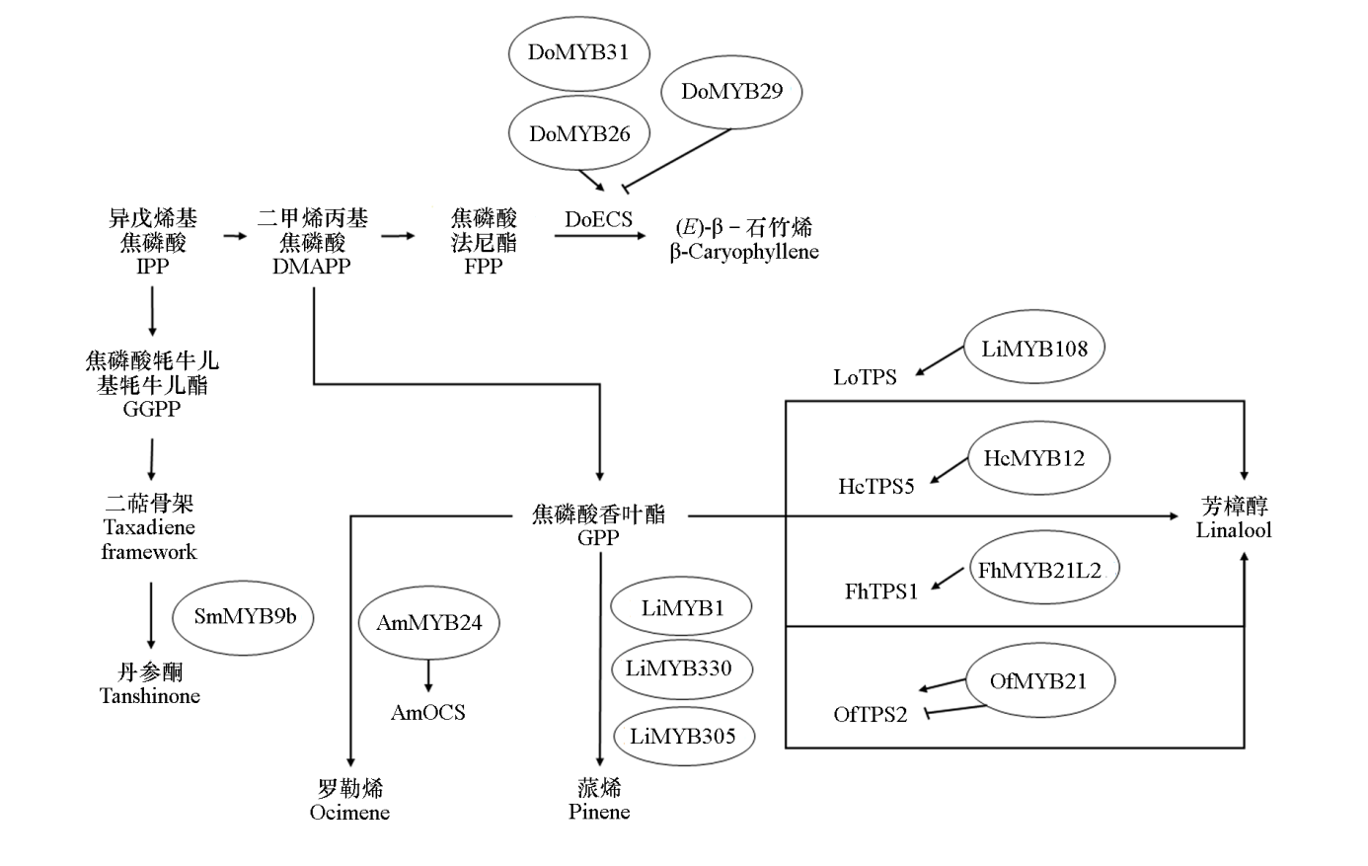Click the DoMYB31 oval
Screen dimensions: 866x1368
point(578,53)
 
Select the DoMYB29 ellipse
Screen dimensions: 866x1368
point(731,92)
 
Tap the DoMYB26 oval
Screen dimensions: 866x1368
point(579,134)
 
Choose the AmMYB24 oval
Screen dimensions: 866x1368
point(428,623)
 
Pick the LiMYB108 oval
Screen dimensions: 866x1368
point(1033,349)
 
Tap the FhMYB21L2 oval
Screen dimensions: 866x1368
point(1038,570)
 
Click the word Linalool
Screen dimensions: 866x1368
point(1234,530)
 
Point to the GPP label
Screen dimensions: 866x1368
point(598,538)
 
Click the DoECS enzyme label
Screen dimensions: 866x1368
point(598,219)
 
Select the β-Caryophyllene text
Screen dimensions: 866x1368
point(744,252)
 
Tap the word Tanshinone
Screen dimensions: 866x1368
point(150,696)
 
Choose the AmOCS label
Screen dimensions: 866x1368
point(427,713)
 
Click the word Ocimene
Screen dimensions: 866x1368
point(349,813)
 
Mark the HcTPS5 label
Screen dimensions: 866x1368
point(876,486)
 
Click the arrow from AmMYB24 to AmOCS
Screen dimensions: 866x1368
point(428,675)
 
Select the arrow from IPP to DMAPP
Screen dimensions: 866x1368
point(235,236)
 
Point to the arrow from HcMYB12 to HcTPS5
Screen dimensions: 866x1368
point(950,470)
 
